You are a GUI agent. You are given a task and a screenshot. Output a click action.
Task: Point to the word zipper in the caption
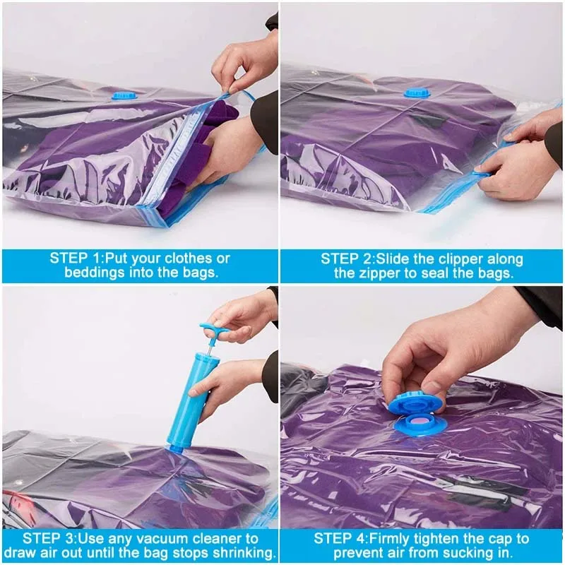(x=383, y=273)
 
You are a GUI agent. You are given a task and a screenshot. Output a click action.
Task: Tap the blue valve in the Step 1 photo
(x=124, y=94)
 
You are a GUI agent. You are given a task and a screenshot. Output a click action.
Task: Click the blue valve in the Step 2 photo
(x=417, y=92)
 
